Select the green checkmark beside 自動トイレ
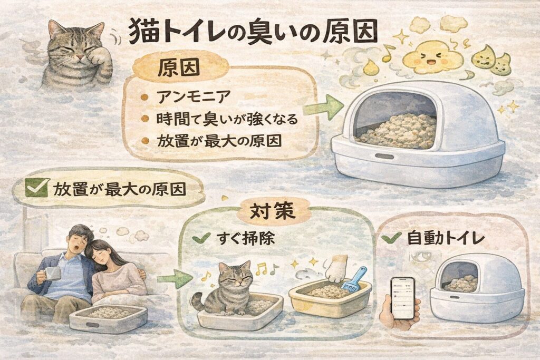[x=392, y=238]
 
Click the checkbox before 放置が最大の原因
[x=36, y=188]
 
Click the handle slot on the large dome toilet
[x=384, y=157]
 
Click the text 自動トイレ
[x=446, y=238]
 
